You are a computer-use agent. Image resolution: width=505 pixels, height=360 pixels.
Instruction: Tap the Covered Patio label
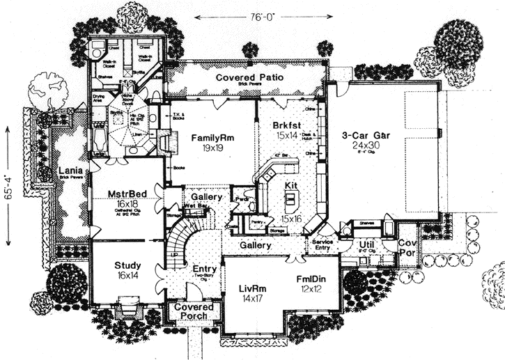pos(249,77)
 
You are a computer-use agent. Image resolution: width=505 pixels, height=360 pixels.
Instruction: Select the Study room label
pos(128,265)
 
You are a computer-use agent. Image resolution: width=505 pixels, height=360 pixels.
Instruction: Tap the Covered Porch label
pos(193,311)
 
